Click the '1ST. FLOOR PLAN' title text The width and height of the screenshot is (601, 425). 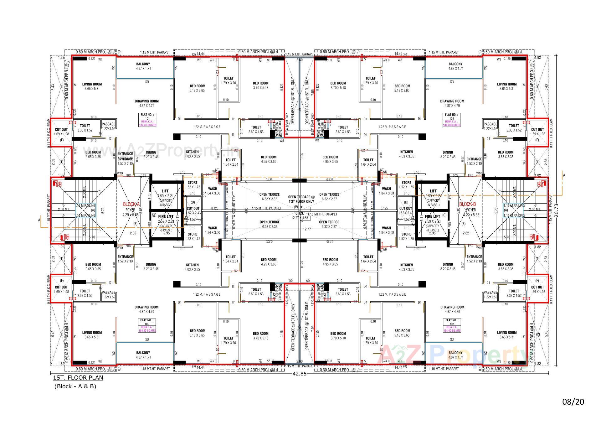pyautogui.click(x=78, y=377)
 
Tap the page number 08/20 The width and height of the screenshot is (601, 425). pyautogui.click(x=573, y=402)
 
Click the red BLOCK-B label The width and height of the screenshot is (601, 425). pyautogui.click(x=467, y=204)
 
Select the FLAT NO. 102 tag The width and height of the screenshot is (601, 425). pyautogui.click(x=147, y=322)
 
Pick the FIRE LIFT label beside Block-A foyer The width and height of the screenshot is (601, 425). pyautogui.click(x=166, y=216)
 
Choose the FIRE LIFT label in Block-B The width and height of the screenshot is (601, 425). pyautogui.click(x=432, y=216)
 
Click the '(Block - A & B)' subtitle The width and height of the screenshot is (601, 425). pyautogui.click(x=75, y=386)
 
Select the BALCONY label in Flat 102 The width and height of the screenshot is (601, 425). pyautogui.click(x=143, y=353)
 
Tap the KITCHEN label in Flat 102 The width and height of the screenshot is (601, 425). pyautogui.click(x=192, y=265)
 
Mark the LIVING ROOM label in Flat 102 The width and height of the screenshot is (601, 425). pyautogui.click(x=92, y=333)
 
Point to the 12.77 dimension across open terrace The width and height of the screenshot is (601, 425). pyautogui.click(x=307, y=229)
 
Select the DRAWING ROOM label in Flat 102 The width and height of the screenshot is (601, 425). pyautogui.click(x=146, y=307)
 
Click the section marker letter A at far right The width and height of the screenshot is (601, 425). pyautogui.click(x=564, y=175)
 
